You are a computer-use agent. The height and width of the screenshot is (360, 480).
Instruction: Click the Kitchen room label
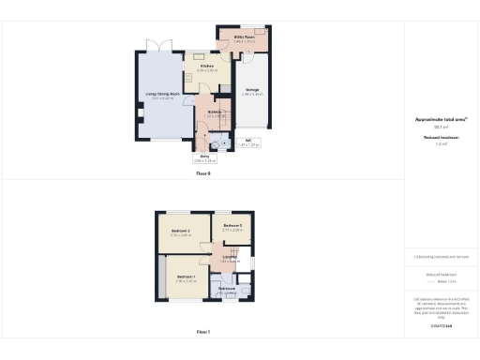tap(207, 67)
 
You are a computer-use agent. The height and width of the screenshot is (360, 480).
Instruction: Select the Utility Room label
tap(244, 40)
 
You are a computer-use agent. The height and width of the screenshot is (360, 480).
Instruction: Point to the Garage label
tap(250, 92)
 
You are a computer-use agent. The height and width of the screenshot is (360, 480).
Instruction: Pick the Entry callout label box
tap(204, 158)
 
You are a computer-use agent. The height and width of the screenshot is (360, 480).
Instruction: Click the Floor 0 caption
tap(203, 173)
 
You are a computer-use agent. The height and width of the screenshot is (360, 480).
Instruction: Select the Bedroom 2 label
tap(181, 232)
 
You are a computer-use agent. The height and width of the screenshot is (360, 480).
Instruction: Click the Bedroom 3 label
tap(232, 227)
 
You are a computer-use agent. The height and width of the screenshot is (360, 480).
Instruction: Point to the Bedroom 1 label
tap(186, 277)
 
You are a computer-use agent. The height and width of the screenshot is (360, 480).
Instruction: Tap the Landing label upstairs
tap(230, 259)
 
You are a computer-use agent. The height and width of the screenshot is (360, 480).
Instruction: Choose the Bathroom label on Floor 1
tap(227, 289)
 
